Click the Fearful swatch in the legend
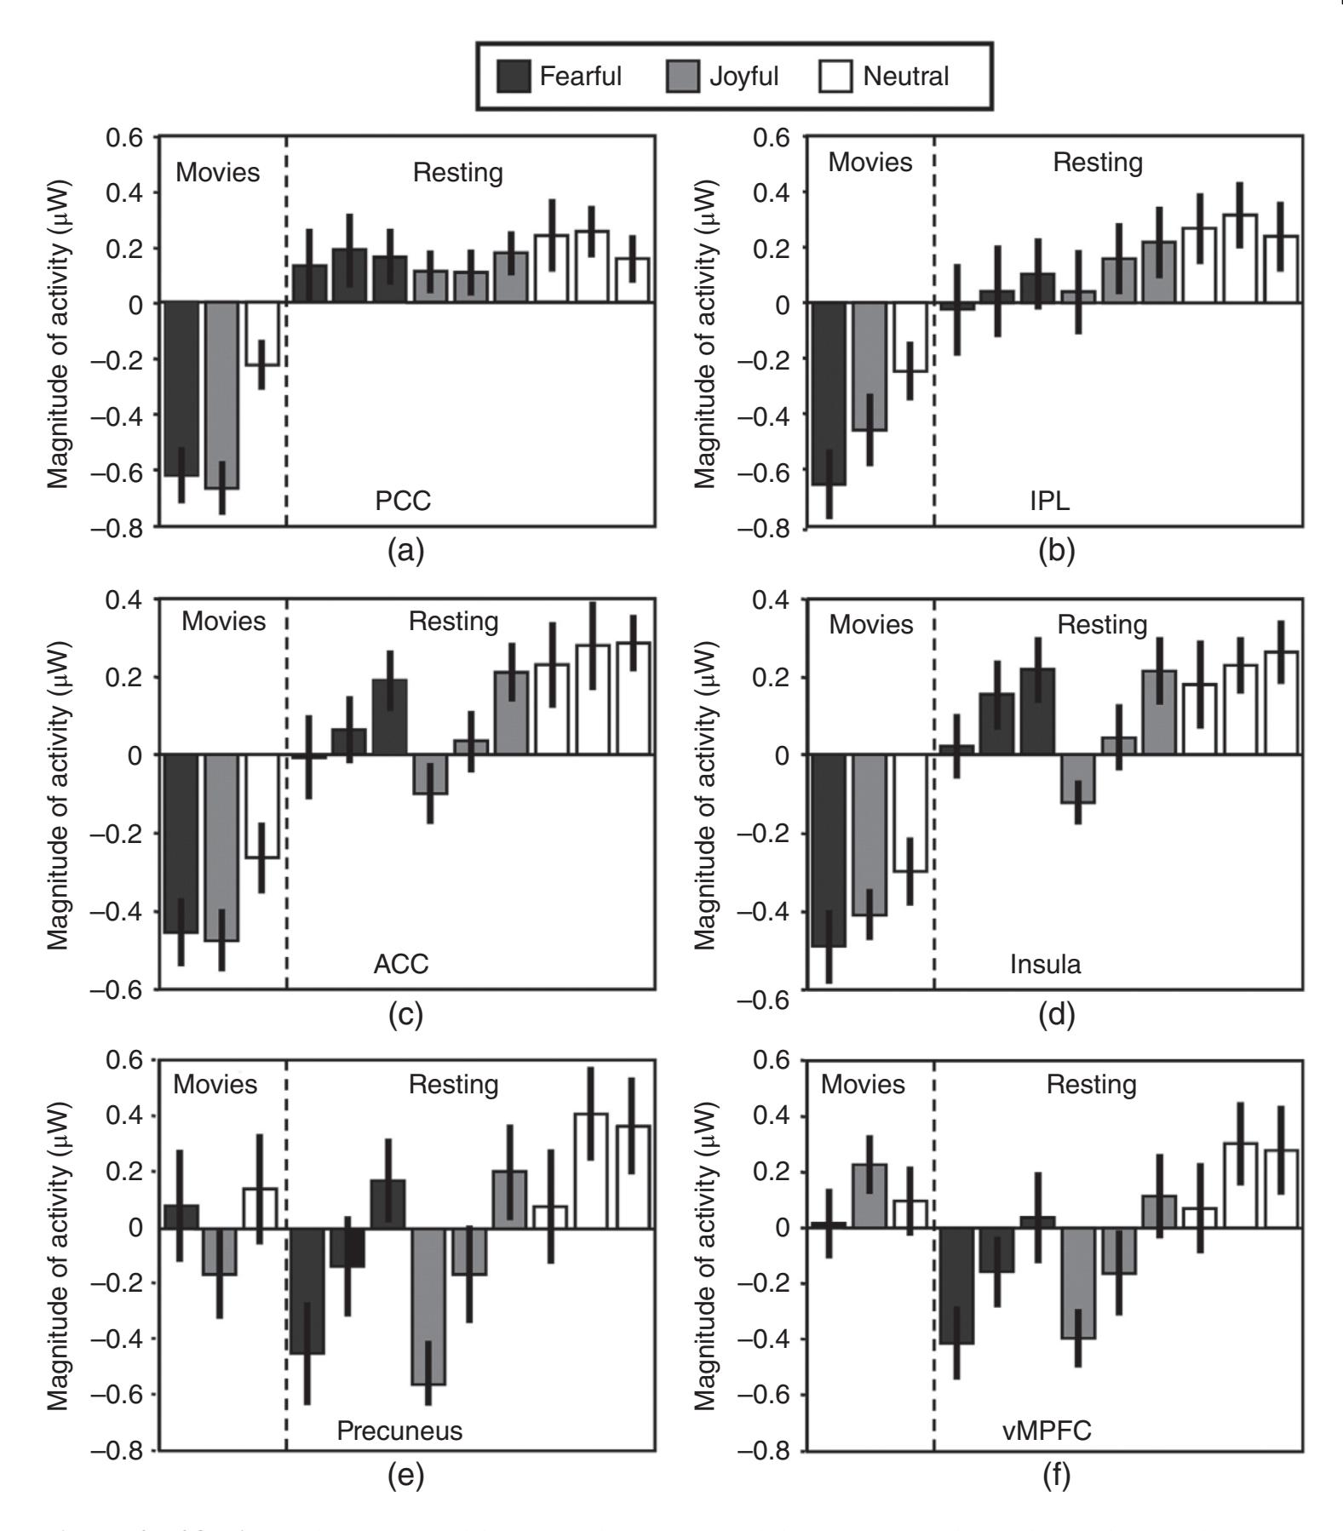pyautogui.click(x=514, y=77)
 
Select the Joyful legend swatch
pyautogui.click(x=683, y=77)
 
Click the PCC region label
pyautogui.click(x=403, y=501)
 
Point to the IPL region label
pyautogui.click(x=1049, y=501)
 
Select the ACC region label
pyautogui.click(x=401, y=964)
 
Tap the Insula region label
pyautogui.click(x=1045, y=964)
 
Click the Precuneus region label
pyautogui.click(x=399, y=1430)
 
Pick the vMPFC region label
pyautogui.click(x=1047, y=1430)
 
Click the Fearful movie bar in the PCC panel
pyautogui.click(x=181, y=389)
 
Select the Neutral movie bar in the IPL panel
pyautogui.click(x=910, y=337)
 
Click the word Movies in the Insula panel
pyautogui.click(x=871, y=624)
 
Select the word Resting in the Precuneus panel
pyautogui.click(x=453, y=1084)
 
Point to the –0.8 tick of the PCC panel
pyautogui.click(x=123, y=528)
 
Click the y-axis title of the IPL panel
pyautogui.click(x=706, y=333)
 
